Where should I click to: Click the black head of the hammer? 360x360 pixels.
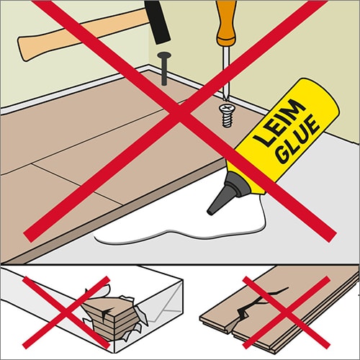(x=157, y=22)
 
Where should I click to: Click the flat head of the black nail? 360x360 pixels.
(x=164, y=55)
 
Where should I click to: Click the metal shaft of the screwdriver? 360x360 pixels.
(x=225, y=72)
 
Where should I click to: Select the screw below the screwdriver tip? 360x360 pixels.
(x=227, y=115)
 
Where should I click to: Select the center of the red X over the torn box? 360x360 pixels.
(x=66, y=312)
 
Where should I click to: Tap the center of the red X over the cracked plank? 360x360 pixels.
(x=287, y=312)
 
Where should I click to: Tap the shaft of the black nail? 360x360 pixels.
(x=164, y=71)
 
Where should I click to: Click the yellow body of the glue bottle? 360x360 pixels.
(x=286, y=135)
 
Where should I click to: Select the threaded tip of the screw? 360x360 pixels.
(x=228, y=120)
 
